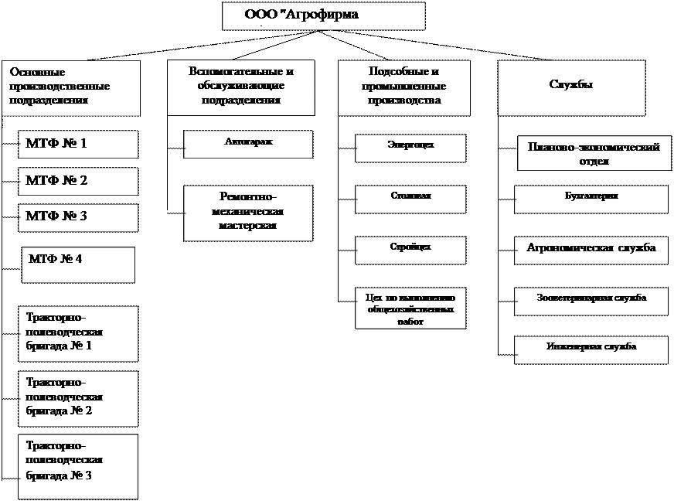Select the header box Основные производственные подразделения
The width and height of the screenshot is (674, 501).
(71, 88)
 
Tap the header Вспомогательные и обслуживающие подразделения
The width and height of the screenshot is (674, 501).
(241, 85)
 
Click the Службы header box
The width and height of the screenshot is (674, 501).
(570, 88)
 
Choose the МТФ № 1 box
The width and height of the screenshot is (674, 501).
(78, 144)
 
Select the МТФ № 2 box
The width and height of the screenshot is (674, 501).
(78, 181)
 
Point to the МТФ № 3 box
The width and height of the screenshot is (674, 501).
(78, 217)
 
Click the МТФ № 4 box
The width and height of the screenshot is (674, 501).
(77, 264)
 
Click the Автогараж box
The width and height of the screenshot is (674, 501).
(248, 144)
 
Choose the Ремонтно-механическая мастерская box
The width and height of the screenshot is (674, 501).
(248, 213)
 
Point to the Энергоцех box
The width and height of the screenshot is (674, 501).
(410, 148)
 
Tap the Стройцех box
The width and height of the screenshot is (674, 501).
(410, 250)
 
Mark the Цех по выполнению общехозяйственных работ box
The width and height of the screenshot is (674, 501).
(410, 308)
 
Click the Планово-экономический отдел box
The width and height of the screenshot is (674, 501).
(593, 155)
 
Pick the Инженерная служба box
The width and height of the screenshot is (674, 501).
(591, 349)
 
